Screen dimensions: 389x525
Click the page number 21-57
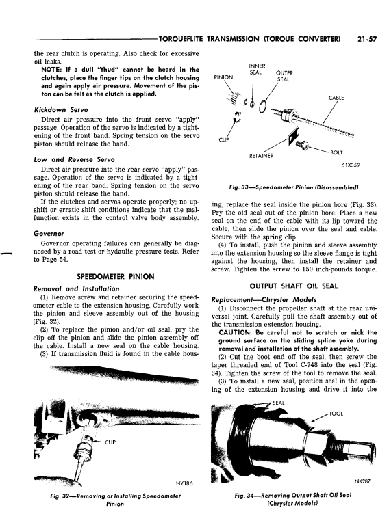coord(367,39)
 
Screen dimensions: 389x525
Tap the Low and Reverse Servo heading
coord(74,160)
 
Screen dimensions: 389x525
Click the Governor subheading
coord(49,234)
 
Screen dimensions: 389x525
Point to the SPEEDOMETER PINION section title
coord(116,277)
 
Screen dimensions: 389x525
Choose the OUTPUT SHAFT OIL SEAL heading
coord(294,286)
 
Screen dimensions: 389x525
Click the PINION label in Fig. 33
coord(223,77)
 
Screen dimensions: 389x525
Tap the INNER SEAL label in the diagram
coord(258,69)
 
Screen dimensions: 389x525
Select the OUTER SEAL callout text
coord(284,76)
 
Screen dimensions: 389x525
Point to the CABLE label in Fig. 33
coord(336,98)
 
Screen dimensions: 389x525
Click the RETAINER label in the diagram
coord(261,156)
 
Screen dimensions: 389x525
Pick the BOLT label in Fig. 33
coord(336,152)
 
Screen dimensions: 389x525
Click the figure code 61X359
coord(351,165)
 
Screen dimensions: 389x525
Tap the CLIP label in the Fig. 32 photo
coord(110,442)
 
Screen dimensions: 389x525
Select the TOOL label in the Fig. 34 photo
coord(336,414)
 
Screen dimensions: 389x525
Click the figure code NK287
coord(362,481)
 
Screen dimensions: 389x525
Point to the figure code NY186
coord(184,483)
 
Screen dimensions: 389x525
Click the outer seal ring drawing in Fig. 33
coord(264,107)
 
